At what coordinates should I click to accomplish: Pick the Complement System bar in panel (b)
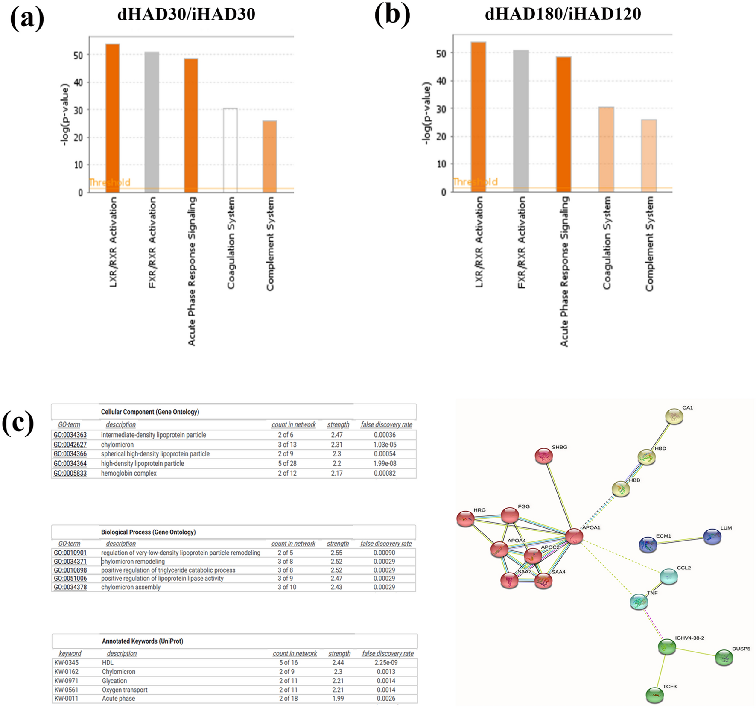click(x=649, y=155)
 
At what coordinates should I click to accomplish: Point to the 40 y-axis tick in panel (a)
click(x=78, y=82)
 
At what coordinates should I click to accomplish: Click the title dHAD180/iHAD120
click(x=563, y=14)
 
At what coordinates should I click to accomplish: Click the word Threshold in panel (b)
click(x=475, y=182)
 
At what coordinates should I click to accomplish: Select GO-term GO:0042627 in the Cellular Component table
click(x=70, y=445)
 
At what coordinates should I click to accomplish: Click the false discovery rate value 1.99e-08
click(x=385, y=463)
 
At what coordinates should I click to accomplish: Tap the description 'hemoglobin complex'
click(x=128, y=473)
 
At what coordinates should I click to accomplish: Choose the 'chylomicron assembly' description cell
click(x=131, y=587)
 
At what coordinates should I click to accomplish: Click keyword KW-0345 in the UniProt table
click(x=67, y=663)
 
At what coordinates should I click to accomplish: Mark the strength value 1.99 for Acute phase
click(x=338, y=699)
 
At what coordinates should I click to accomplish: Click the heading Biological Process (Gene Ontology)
click(x=148, y=532)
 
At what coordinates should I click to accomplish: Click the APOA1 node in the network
click(x=574, y=537)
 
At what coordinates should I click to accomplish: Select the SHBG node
click(x=543, y=456)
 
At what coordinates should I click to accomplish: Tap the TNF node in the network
click(x=639, y=602)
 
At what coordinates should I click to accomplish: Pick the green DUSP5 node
click(x=724, y=658)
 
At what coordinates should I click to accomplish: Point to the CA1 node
click(x=674, y=416)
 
